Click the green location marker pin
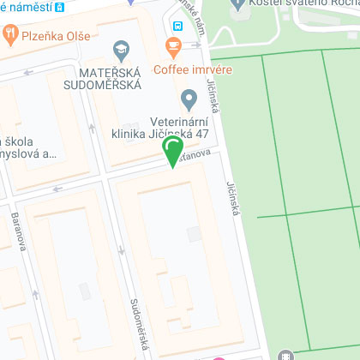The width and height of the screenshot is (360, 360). (173, 152)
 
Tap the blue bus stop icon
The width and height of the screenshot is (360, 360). (176, 24)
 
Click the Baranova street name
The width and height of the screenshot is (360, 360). (18, 231)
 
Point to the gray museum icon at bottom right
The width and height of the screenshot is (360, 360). (286, 356)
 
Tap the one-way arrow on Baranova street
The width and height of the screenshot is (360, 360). (35, 293)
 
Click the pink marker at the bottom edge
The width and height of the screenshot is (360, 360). (219, 357)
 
